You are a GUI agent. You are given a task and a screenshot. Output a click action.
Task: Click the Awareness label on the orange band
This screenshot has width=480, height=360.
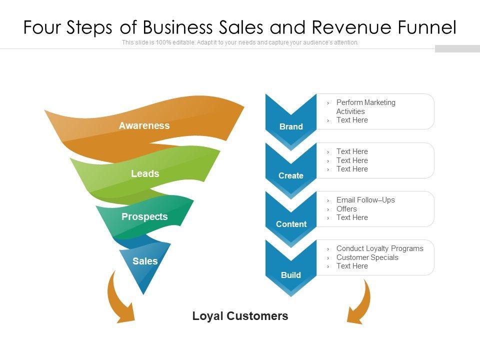(x=144, y=125)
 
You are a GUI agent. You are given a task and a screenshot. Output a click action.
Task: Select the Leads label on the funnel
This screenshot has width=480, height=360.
(x=145, y=173)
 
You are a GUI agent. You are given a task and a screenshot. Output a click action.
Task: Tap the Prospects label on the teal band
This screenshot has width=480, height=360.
(x=144, y=216)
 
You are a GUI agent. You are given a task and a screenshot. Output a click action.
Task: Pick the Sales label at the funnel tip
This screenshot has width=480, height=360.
(x=145, y=261)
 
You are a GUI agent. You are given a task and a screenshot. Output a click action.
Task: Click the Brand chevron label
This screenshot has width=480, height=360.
(x=291, y=126)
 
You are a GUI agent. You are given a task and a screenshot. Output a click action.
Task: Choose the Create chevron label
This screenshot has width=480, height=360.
(x=291, y=175)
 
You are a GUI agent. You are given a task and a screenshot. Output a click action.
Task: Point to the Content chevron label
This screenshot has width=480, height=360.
(x=291, y=224)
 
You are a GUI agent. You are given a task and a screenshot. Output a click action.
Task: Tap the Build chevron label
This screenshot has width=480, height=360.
(x=291, y=275)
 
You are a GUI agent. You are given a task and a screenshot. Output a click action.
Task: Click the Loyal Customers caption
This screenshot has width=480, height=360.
(x=240, y=316)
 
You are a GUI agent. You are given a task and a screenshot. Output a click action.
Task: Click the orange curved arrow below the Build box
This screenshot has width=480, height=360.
(x=361, y=302)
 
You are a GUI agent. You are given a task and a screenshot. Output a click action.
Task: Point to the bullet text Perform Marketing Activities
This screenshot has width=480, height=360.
(x=365, y=106)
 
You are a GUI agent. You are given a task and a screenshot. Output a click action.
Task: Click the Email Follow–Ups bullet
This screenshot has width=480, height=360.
(x=365, y=200)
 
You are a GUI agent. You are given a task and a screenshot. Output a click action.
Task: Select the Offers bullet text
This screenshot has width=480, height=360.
(x=346, y=209)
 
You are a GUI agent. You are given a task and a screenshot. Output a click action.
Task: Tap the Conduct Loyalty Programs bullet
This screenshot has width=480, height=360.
(x=379, y=248)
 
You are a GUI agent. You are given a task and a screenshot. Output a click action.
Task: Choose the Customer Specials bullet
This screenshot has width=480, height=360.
(x=367, y=257)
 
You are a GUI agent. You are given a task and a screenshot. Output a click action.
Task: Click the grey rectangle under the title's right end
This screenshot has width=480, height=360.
(x=457, y=48)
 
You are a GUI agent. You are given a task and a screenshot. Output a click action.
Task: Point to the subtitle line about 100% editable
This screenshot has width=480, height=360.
(x=240, y=42)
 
